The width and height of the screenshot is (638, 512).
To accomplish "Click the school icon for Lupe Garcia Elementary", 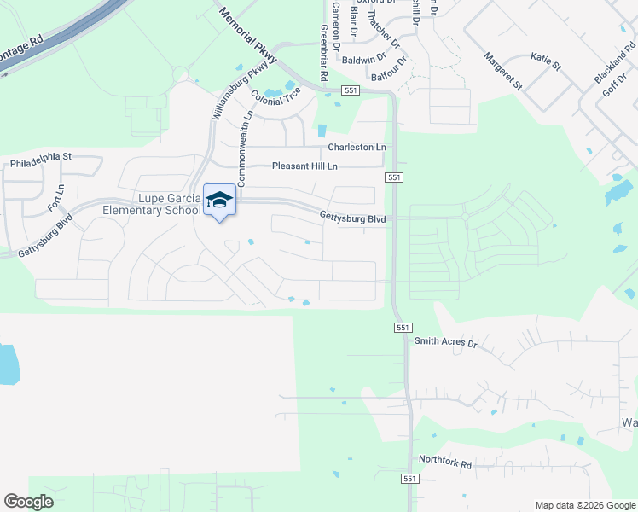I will coord(219,199).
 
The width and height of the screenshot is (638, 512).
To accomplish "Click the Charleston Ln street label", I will coord(357,147).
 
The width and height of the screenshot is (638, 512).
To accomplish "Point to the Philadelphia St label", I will coord(42,157).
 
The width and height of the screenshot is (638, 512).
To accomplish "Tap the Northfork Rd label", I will coord(444,464).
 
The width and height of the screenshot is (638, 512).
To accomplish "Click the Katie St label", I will coord(546,61).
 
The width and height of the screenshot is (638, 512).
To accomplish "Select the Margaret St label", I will coord(502,71).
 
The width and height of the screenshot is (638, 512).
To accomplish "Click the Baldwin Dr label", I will coord(364,60).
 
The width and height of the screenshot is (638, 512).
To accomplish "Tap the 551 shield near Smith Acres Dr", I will coord(403,328).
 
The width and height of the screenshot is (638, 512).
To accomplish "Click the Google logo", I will coord(28,502).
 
